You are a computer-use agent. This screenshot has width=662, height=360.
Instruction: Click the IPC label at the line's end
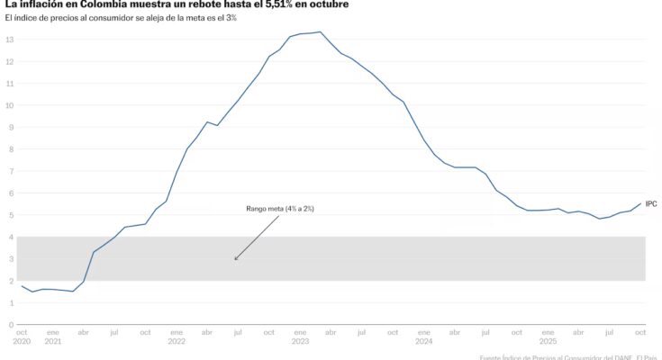pos(651,204)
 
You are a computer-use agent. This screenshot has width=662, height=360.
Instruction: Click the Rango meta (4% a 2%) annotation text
pos(280,208)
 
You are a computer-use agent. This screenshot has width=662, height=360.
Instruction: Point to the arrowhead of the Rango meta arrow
pos(235,260)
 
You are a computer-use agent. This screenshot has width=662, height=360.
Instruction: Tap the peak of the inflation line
pos(320,31)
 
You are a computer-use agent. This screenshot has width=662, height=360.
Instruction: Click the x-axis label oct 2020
pos(22,337)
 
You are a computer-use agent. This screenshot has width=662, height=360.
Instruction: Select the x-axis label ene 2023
pos(299,337)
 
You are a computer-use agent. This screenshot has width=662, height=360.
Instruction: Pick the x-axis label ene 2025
pos(548,337)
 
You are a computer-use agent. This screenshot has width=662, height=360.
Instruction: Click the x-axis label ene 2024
pos(423,337)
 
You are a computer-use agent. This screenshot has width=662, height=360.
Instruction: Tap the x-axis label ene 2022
pos(177,337)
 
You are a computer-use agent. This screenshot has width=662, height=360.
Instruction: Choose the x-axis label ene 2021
pos(53,337)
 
